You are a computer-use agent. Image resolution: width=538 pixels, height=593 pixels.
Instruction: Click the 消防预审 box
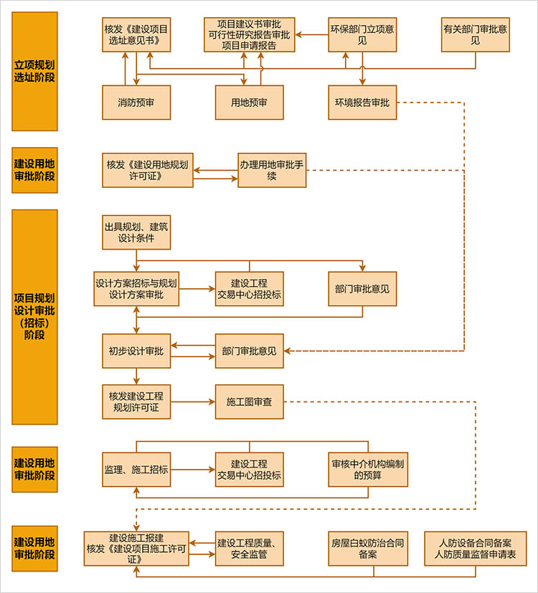136,103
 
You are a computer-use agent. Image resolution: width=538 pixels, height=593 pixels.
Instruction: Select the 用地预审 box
249,103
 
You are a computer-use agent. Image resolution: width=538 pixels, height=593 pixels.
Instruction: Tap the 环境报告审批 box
362,103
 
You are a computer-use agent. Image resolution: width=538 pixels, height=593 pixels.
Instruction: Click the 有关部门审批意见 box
475,34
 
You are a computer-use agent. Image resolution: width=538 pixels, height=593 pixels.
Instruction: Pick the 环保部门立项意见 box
362,34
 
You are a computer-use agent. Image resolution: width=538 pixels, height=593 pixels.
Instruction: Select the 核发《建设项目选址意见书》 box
136,34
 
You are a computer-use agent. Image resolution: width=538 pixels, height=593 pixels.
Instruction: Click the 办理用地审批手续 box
272,170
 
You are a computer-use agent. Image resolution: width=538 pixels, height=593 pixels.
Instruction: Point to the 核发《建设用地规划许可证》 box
147,170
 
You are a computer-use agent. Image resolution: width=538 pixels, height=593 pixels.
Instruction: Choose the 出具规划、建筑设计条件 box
136,232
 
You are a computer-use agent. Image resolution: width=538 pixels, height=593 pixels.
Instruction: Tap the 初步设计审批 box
136,351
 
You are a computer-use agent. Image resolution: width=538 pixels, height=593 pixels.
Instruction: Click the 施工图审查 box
249,402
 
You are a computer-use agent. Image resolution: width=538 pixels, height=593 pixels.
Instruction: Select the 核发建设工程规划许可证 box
136,402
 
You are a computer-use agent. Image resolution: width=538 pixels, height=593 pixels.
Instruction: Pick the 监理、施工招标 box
136,470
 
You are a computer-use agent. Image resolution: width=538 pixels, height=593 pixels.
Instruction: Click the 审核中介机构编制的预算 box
367,470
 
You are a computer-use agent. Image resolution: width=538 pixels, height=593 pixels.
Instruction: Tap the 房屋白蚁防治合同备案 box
367,549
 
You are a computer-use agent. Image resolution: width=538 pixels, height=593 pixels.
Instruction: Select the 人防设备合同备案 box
475,549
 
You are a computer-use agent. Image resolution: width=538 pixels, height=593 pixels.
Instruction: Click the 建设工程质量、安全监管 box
249,549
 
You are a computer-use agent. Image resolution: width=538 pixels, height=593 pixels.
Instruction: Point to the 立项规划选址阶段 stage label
34,71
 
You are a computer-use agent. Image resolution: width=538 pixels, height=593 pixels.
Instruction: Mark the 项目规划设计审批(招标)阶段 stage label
34,316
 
